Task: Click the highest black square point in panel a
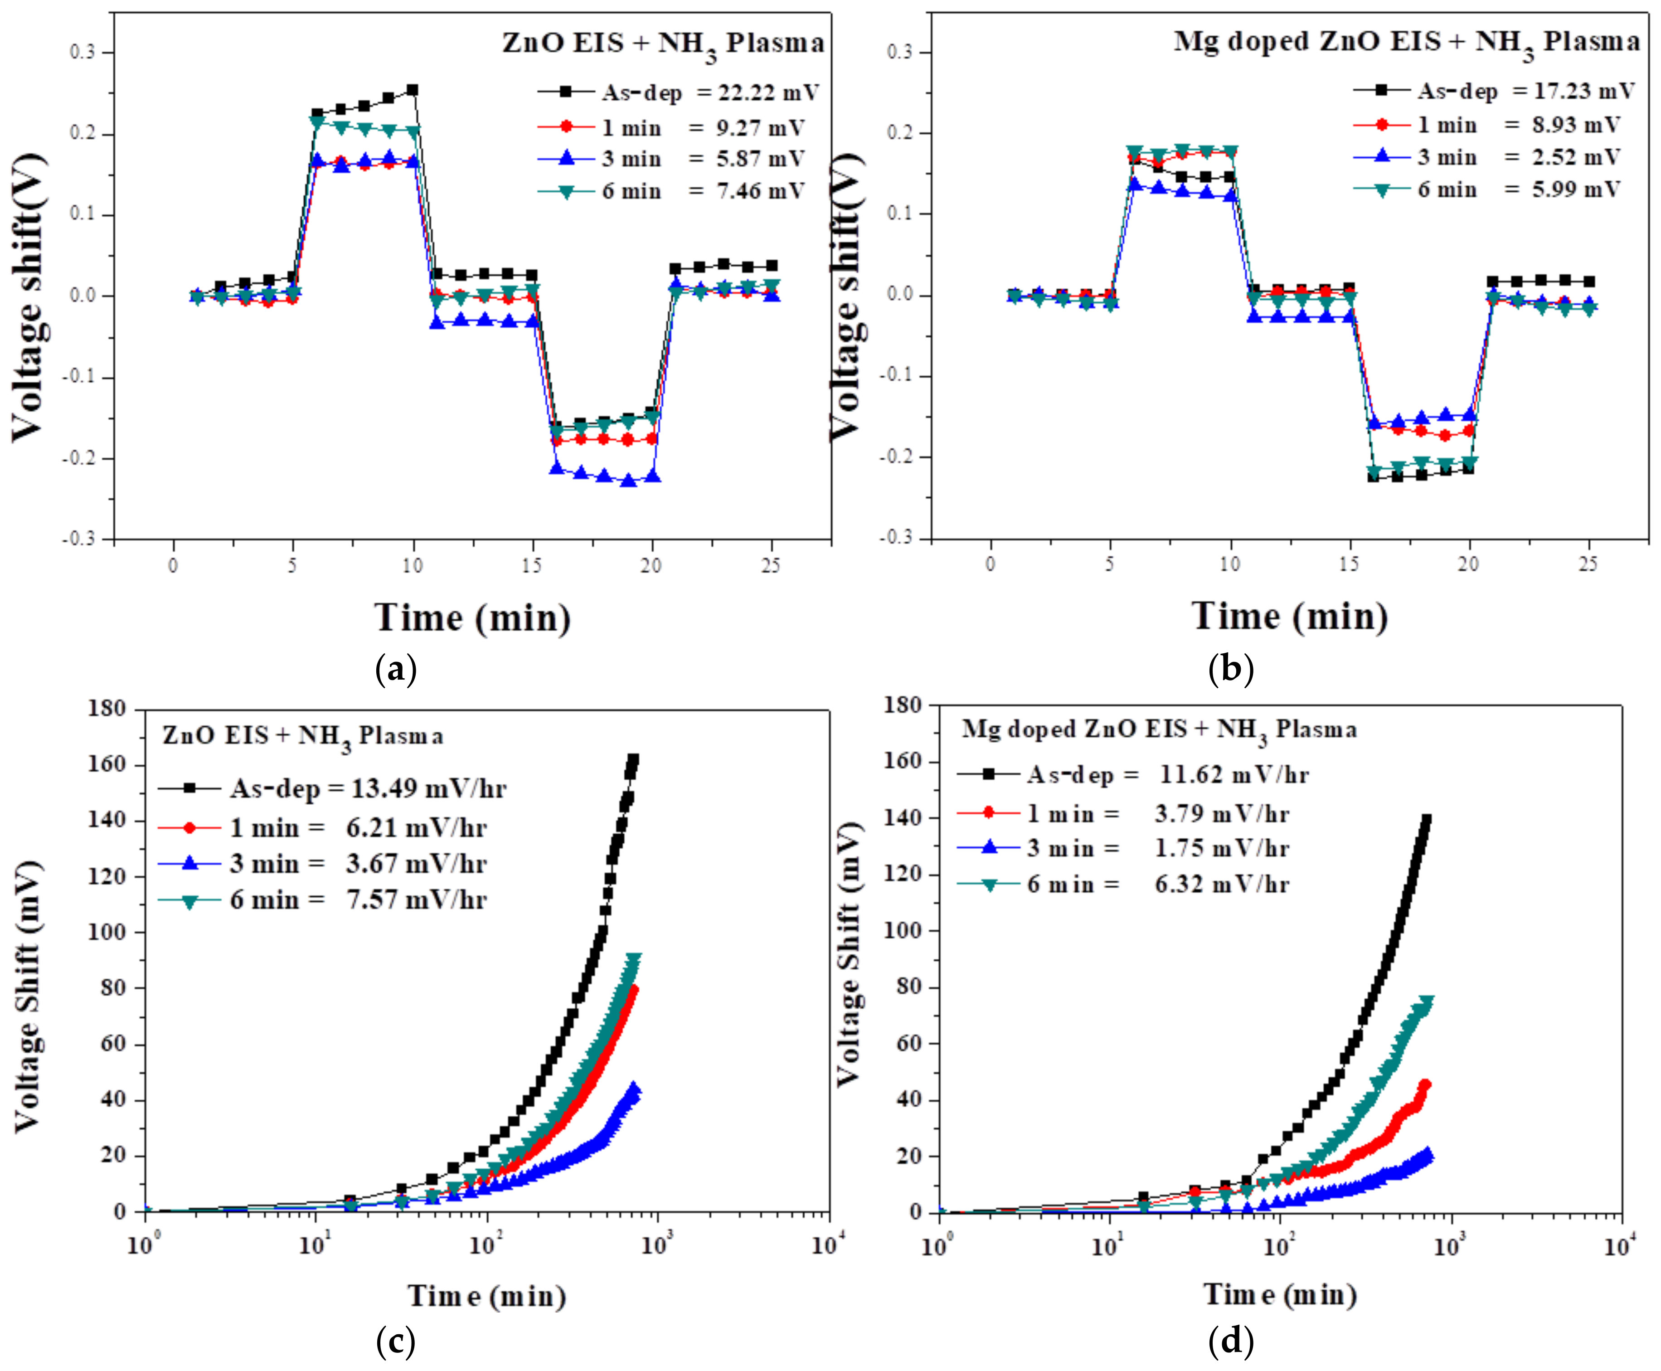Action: (x=412, y=90)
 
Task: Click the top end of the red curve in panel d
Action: (x=1425, y=1084)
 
